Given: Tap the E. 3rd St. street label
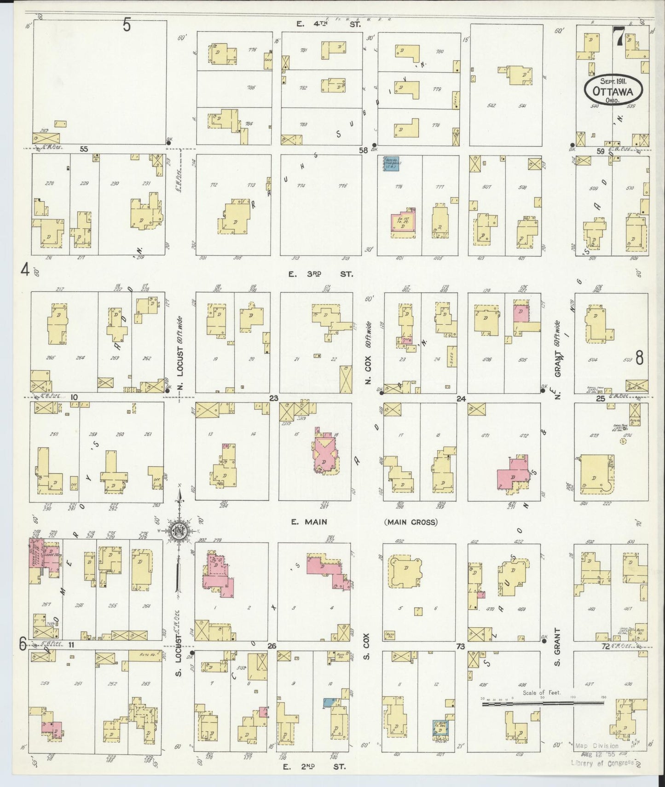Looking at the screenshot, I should click(x=321, y=274).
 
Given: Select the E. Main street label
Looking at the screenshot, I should click(x=309, y=522).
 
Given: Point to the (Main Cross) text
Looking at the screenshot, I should click(x=411, y=522).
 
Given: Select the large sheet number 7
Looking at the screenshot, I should click(x=619, y=37).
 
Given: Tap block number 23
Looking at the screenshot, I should click(x=274, y=399).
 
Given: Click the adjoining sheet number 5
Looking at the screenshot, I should click(x=127, y=25).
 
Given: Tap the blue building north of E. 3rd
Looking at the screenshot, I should click(x=391, y=163).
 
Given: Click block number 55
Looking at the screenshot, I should click(x=84, y=149).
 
